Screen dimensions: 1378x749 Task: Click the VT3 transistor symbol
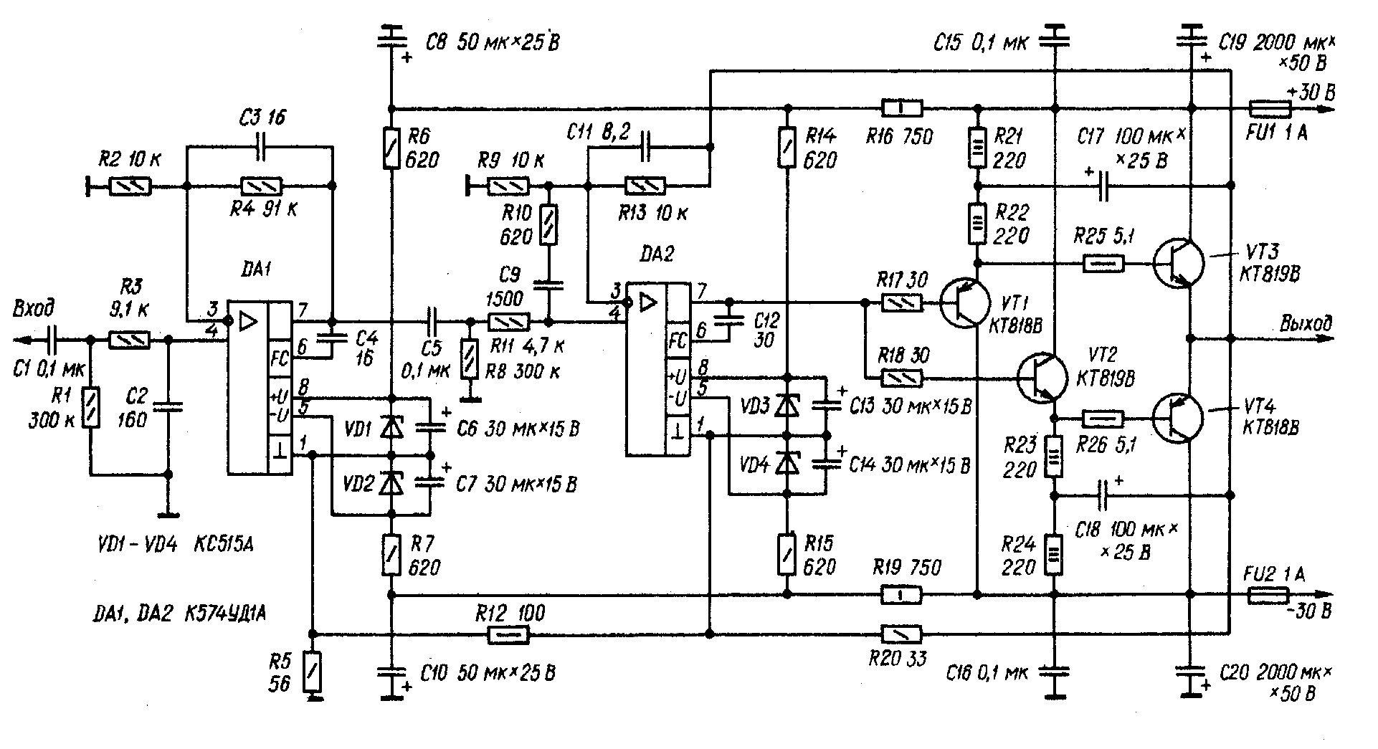point(1179,264)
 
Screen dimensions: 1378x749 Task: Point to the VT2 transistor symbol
point(1042,377)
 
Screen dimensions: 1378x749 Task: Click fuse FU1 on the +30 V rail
point(1270,109)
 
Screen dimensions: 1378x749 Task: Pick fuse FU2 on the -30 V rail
point(1269,595)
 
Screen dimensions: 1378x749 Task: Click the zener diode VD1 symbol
point(391,428)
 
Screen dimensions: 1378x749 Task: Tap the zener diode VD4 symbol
point(788,465)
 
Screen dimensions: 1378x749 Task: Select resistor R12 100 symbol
point(508,634)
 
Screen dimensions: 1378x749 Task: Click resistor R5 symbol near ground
point(312,671)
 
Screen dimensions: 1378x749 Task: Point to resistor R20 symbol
point(901,634)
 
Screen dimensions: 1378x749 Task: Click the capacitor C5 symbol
point(431,320)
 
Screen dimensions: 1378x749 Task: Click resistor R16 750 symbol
point(901,109)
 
